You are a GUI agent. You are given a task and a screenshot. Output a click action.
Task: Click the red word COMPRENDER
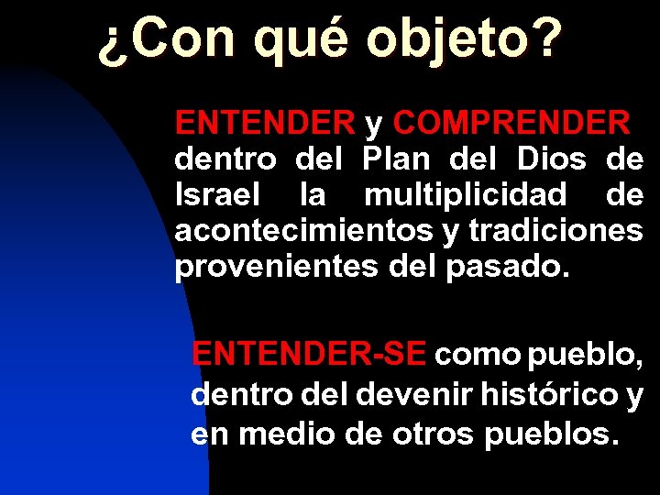[511, 122]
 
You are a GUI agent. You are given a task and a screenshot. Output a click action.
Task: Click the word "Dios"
[551, 159]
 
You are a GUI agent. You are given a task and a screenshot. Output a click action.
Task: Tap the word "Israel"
[216, 194]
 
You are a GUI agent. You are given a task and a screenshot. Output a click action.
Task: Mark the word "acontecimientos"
[302, 231]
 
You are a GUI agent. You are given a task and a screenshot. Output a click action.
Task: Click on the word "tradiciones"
[555, 231]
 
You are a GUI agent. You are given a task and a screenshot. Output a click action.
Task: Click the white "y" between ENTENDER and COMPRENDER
[374, 124]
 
